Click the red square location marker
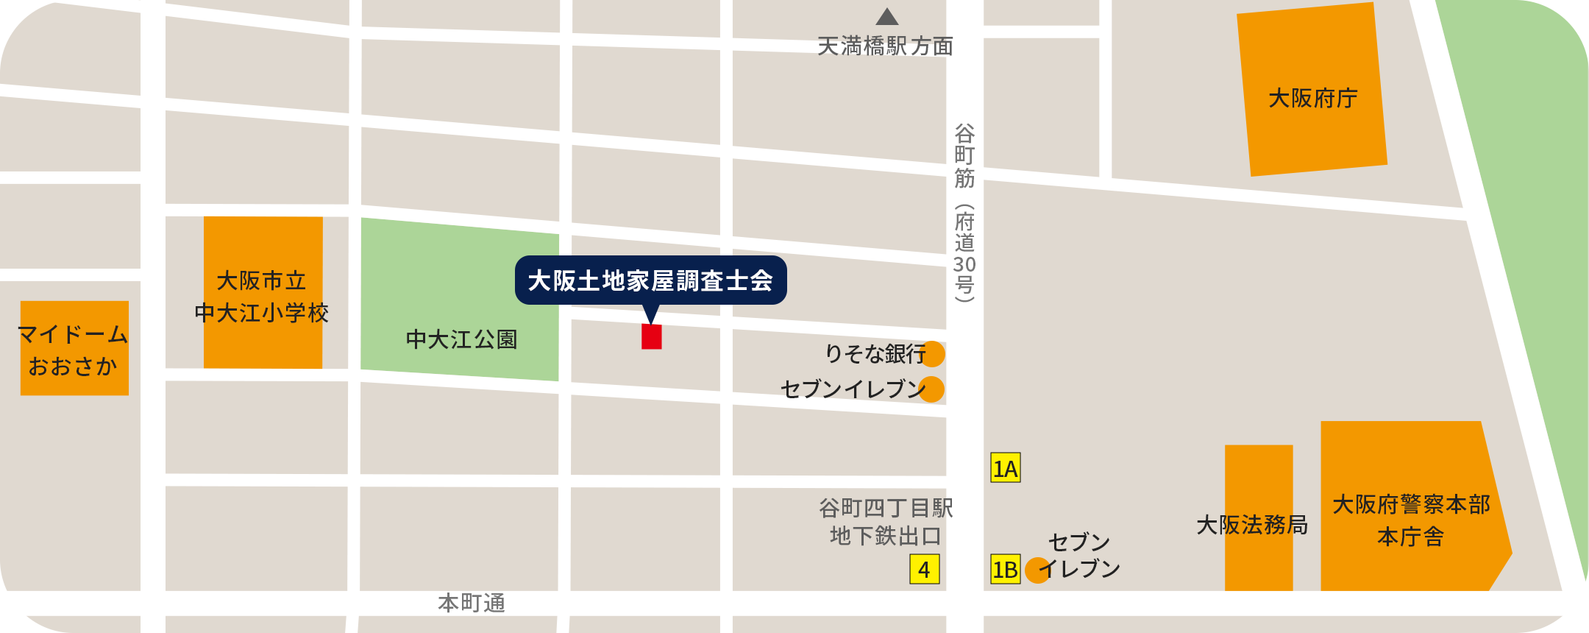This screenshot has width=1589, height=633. (x=652, y=336)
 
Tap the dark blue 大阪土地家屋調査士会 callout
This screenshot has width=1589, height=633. (x=650, y=280)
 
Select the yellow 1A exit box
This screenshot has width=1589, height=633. (x=1006, y=468)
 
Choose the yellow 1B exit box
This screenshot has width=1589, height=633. (x=1006, y=569)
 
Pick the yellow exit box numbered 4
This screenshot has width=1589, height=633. (x=925, y=569)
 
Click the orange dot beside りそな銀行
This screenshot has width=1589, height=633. (x=933, y=354)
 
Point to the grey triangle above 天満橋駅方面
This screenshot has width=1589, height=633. (x=887, y=17)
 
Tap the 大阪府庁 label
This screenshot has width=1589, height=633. (x=1313, y=98)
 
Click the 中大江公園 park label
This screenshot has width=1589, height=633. (x=462, y=339)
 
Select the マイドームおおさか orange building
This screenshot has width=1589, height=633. (x=74, y=349)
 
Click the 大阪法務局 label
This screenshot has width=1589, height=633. (x=1252, y=525)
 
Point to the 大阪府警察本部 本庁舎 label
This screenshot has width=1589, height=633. (x=1411, y=520)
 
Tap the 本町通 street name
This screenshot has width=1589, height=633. (x=472, y=604)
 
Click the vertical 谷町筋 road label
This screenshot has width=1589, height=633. (x=964, y=156)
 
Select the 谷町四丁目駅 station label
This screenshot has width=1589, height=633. (x=886, y=508)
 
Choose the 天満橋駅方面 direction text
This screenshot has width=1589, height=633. (x=886, y=46)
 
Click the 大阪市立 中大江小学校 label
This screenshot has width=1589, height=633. (x=262, y=297)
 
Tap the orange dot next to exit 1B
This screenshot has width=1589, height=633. (x=1037, y=570)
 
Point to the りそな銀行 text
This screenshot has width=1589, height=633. (x=875, y=354)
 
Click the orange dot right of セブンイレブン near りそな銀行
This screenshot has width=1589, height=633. (x=931, y=389)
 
